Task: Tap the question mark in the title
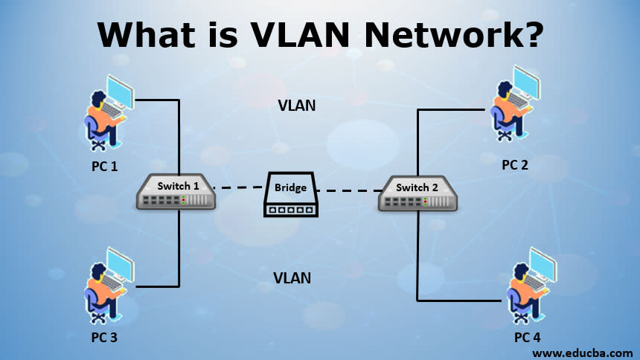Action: tap(529, 35)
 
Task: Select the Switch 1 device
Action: tap(176, 191)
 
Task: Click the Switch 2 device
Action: tap(417, 193)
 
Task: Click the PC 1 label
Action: tap(105, 166)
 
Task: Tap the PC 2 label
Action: tap(514, 164)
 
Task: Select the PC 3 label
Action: tap(105, 337)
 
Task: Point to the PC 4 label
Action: tap(527, 337)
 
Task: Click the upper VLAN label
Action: tap(297, 106)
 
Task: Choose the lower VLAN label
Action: tap(292, 279)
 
